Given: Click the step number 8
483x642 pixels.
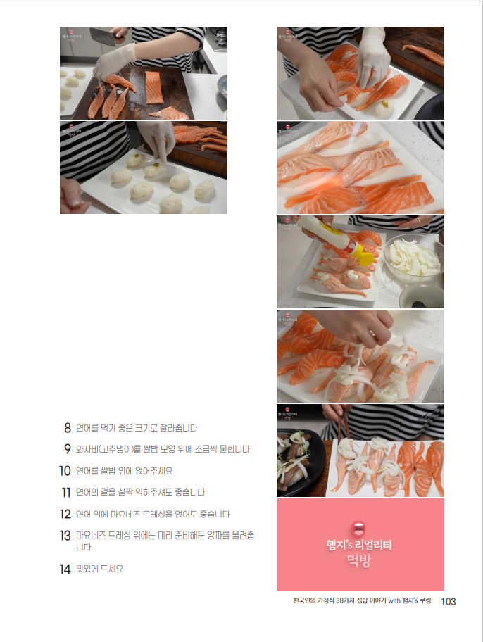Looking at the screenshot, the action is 68,428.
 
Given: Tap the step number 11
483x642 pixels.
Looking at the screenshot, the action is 66,492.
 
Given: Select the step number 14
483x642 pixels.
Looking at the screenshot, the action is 65,569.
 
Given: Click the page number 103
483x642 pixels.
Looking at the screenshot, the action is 448,601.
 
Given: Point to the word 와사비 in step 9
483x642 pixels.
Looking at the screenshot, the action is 86,449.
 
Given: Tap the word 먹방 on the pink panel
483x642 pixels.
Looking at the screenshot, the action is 359,560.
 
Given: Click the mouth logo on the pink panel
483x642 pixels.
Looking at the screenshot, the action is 359,529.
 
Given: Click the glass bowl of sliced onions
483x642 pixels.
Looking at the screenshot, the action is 413,258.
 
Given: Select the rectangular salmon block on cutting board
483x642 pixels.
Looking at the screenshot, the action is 154,87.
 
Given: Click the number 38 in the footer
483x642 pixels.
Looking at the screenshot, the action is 339,601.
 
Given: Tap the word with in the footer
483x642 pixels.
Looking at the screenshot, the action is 394,601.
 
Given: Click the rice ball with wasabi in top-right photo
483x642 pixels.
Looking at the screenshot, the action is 384,107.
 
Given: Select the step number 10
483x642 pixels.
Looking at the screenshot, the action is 65,471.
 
